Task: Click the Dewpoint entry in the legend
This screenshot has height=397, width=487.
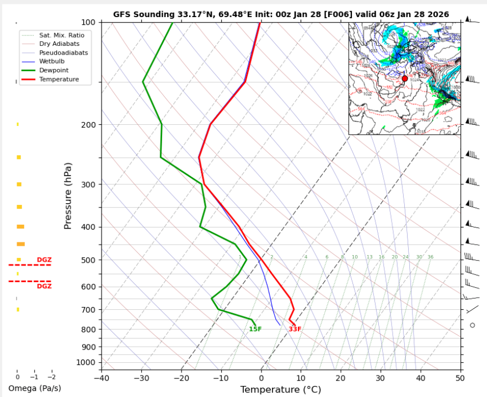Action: tap(53, 71)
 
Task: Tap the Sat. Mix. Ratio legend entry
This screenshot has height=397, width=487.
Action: tap(61, 35)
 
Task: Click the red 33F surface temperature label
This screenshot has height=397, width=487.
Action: tap(295, 330)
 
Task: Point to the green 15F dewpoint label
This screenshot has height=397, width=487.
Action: tap(255, 330)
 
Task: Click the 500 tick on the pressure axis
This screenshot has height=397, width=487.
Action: tap(88, 260)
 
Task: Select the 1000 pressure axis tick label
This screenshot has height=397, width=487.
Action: tap(86, 362)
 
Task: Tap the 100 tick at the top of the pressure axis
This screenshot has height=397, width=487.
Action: tap(88, 22)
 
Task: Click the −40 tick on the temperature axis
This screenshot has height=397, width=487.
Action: tap(101, 379)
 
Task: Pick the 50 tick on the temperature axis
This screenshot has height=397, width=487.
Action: tap(460, 379)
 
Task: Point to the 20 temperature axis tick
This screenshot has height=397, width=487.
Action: tap(340, 379)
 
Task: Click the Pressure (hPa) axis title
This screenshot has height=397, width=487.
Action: tap(68, 196)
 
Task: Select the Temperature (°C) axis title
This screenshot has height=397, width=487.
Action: tap(281, 390)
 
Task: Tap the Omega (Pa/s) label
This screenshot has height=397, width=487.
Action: tap(35, 388)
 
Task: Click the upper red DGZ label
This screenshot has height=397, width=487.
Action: tap(44, 260)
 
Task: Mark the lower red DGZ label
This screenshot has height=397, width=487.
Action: tap(44, 287)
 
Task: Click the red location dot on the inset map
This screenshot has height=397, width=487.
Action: tap(405, 78)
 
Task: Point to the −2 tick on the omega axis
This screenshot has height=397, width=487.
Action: tap(51, 377)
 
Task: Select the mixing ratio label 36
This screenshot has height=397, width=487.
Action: tap(430, 257)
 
